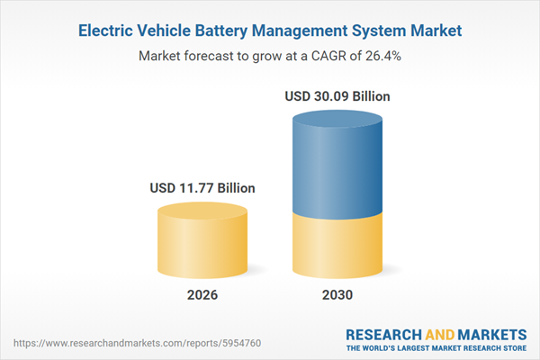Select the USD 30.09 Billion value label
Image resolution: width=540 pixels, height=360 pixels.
[x=337, y=95]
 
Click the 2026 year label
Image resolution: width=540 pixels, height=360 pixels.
[x=202, y=295]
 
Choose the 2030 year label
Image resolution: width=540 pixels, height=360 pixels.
[x=337, y=295]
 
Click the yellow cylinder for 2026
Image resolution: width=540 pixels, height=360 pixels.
[x=202, y=243]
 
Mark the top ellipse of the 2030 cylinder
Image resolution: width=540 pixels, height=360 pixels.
[x=337, y=118]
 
